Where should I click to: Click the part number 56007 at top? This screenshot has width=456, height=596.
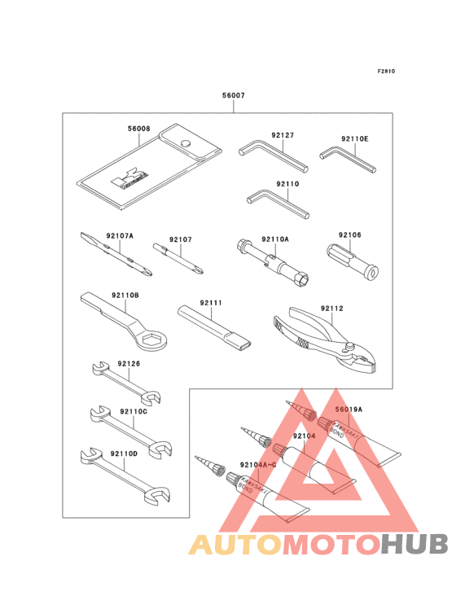[233, 95]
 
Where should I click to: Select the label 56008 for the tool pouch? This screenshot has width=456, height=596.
[138, 128]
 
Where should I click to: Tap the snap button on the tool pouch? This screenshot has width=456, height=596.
[187, 143]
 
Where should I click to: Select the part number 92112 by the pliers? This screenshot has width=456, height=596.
[331, 308]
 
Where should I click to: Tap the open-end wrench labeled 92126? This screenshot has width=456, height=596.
[125, 381]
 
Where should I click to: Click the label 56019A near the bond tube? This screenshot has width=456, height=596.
[349, 410]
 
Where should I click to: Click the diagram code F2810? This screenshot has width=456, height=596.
[386, 71]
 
